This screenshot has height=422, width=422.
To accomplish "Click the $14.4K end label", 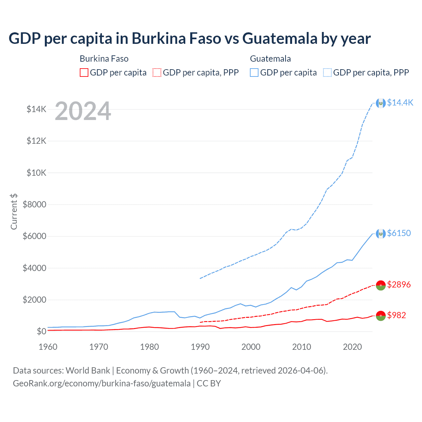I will (400, 103).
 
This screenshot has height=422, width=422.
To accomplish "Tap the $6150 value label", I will (399, 233).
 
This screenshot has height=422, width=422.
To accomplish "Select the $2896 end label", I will (399, 284).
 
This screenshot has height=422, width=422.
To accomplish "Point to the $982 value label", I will (397, 315).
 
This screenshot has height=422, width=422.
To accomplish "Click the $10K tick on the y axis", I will (37, 173).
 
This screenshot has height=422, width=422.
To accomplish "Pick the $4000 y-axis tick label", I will (34, 268).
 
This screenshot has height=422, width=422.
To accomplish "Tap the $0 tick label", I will (41, 331).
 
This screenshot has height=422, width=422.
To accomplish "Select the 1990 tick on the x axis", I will (200, 347).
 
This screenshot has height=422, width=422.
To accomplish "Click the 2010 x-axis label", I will (302, 347).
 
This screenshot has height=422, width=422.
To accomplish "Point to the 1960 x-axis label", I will (48, 347).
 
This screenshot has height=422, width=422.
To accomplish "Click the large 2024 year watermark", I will (83, 111).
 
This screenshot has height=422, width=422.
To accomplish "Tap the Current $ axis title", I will (14, 211).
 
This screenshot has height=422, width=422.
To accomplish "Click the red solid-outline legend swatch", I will (84, 73).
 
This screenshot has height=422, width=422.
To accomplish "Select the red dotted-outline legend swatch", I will (157, 73).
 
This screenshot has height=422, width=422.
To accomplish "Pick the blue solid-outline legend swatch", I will (254, 73).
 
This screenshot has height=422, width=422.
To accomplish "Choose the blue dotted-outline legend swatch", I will (327, 73).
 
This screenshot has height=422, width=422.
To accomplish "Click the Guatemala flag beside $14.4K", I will (381, 103).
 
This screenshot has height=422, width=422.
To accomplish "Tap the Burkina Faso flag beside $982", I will (381, 316).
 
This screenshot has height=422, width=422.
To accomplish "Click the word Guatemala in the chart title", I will (280, 38).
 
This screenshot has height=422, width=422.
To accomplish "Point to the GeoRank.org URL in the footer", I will (102, 383).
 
